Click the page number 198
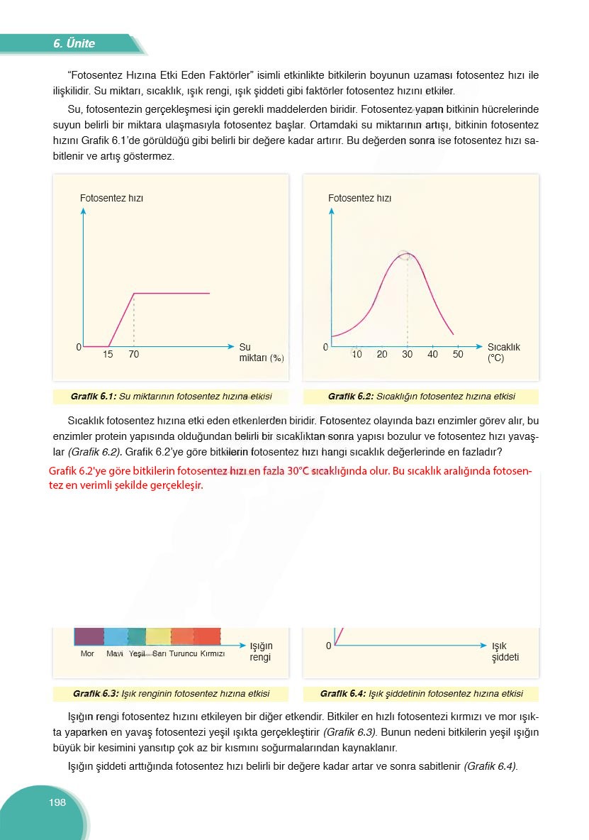pyautogui.click(x=57, y=802)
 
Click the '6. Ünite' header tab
pyautogui.click(x=74, y=44)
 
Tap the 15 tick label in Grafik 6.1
pyautogui.click(x=108, y=355)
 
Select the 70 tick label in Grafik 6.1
pyautogui.click(x=134, y=355)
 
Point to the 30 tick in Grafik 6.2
pyautogui.click(x=407, y=355)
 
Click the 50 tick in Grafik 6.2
pyautogui.click(x=458, y=355)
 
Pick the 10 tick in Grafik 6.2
pyautogui.click(x=357, y=355)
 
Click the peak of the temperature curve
pyautogui.click(x=407, y=254)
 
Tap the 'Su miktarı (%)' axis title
pyautogui.click(x=261, y=353)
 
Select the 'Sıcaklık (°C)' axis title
pyautogui.click(x=503, y=353)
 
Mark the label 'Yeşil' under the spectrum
pyautogui.click(x=138, y=654)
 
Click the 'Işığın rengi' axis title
pyautogui.click(x=261, y=651)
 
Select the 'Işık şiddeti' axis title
pyautogui.click(x=505, y=651)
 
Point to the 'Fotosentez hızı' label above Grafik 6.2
pyautogui.click(x=359, y=199)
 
